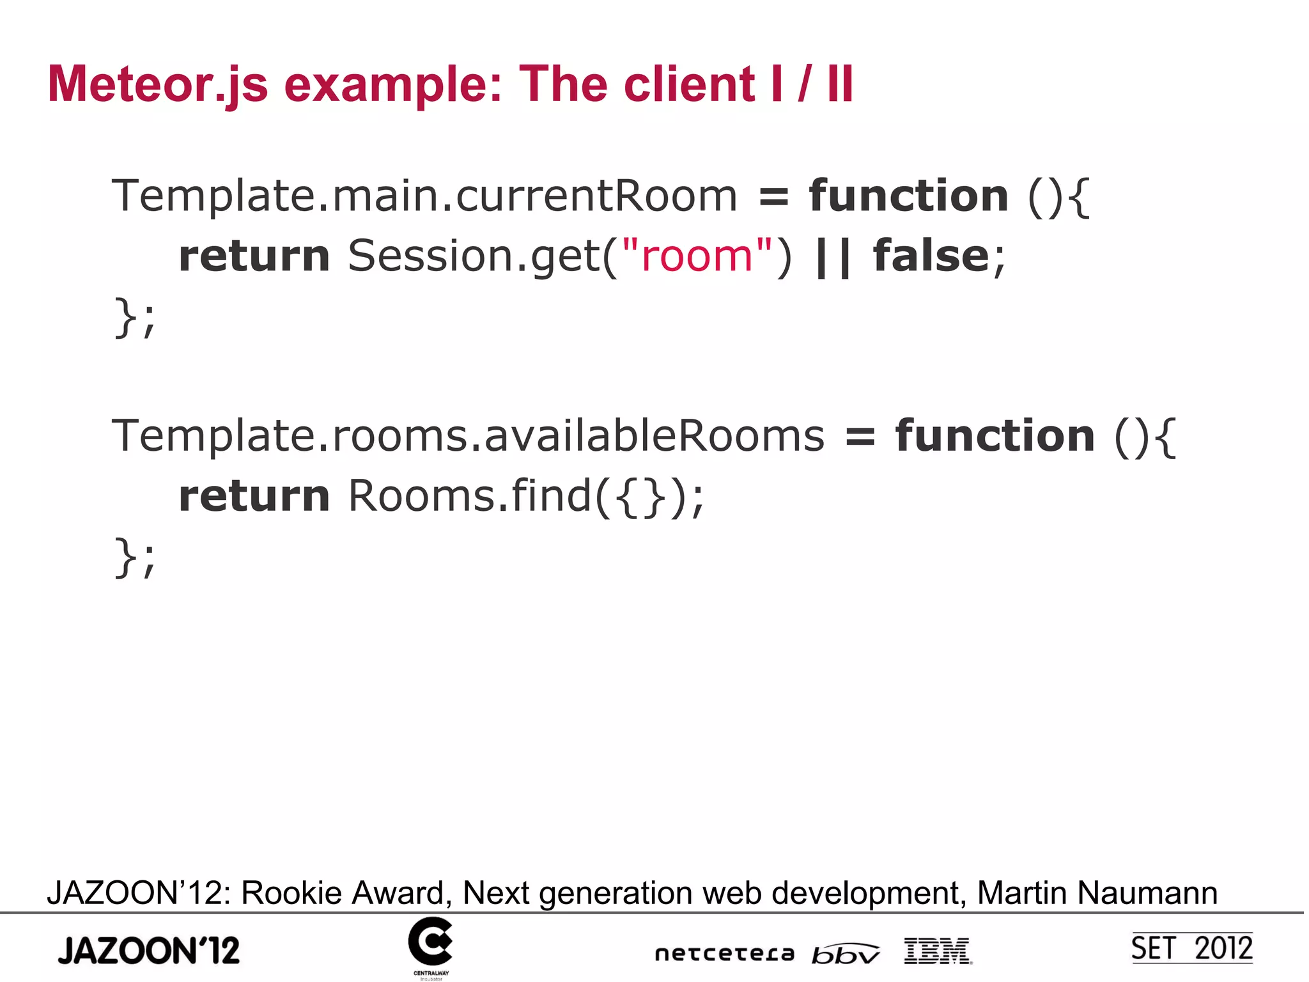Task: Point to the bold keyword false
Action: point(931,255)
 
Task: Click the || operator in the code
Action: point(833,256)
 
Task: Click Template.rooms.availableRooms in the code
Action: point(468,435)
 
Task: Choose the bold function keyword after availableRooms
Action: point(995,435)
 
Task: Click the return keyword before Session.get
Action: point(254,255)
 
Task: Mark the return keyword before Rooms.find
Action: point(254,495)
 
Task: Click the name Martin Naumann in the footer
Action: point(1097,892)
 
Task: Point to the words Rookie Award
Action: point(343,892)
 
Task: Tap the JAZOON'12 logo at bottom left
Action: point(149,950)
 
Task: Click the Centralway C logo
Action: point(430,942)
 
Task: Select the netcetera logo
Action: point(724,954)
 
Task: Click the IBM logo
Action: point(938,951)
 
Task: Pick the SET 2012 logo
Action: point(1191,948)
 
